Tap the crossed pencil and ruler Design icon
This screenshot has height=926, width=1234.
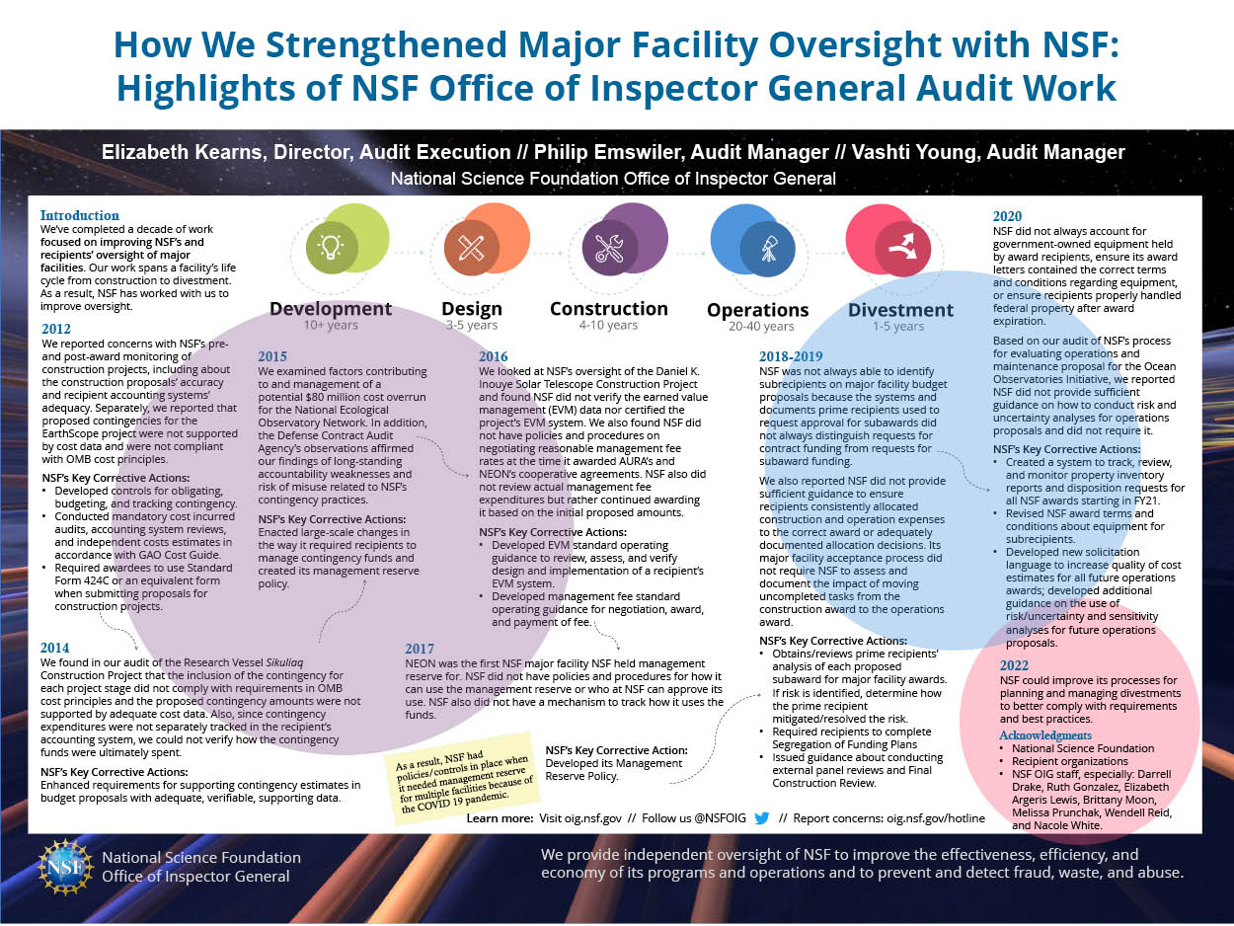click(471, 248)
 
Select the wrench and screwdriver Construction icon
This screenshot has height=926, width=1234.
click(609, 248)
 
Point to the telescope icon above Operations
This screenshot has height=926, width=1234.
click(768, 248)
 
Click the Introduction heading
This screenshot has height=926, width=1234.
click(79, 215)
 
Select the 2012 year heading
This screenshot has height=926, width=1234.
click(56, 329)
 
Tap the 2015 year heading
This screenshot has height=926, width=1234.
click(272, 356)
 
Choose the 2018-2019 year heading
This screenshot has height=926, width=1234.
click(791, 356)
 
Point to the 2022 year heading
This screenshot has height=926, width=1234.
click(1014, 665)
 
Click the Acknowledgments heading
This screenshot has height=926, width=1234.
click(1045, 735)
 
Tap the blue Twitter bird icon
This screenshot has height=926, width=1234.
click(762, 818)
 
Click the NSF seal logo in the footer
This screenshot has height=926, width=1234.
click(65, 867)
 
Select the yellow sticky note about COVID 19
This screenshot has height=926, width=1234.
click(462, 778)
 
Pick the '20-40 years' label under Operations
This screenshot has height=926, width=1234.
click(761, 326)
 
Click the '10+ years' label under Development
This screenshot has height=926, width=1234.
click(331, 325)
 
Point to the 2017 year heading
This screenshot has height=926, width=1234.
click(420, 649)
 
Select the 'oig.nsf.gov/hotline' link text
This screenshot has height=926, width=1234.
click(936, 818)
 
